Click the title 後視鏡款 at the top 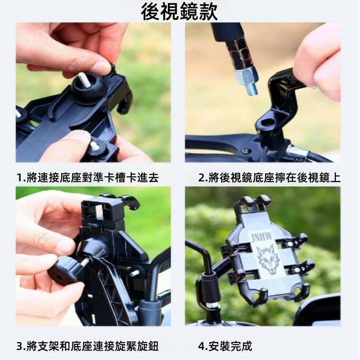(x=179, y=12)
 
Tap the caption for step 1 (x=88, y=177)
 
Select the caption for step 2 (x=269, y=177)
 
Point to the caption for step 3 (x=88, y=346)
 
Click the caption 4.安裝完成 (x=225, y=346)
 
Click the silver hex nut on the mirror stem (x=245, y=76)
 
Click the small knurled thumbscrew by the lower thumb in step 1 (x=99, y=148)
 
